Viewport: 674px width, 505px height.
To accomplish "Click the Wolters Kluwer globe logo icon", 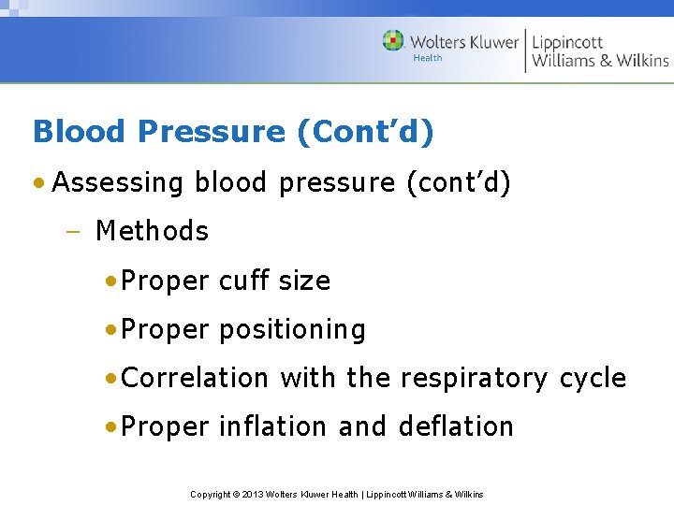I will pyautogui.click(x=393, y=41).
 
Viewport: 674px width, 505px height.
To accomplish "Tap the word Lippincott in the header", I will pyautogui.click(x=567, y=42).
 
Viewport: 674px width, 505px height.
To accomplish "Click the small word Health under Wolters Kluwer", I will pyautogui.click(x=427, y=58).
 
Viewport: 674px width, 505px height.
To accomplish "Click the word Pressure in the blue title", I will pyautogui.click(x=211, y=132).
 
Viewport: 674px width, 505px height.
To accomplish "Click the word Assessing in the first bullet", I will pyautogui.click(x=119, y=182).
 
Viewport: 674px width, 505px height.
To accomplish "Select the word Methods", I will pyautogui.click(x=152, y=231).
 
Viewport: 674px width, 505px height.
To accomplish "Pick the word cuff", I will pyautogui.click(x=245, y=281).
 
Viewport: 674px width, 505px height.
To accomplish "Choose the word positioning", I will pyautogui.click(x=292, y=330).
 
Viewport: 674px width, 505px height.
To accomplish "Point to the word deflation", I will pyautogui.click(x=456, y=426).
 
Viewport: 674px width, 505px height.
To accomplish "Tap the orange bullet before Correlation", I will pyautogui.click(x=111, y=378).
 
